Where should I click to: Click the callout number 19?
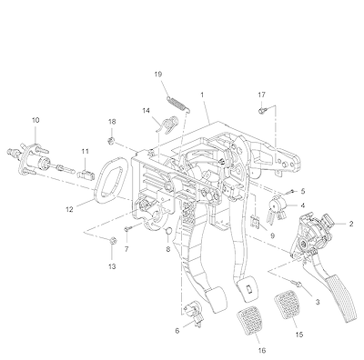pos(158,75)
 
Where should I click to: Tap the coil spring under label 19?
pos(179,105)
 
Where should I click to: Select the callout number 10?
pos(35,120)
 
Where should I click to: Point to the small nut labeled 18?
pos(111,141)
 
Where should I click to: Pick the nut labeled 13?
pos(112,240)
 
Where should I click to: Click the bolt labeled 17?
pos(261,111)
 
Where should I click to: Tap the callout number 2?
pos(351,224)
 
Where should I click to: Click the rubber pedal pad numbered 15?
pos(288,305)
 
